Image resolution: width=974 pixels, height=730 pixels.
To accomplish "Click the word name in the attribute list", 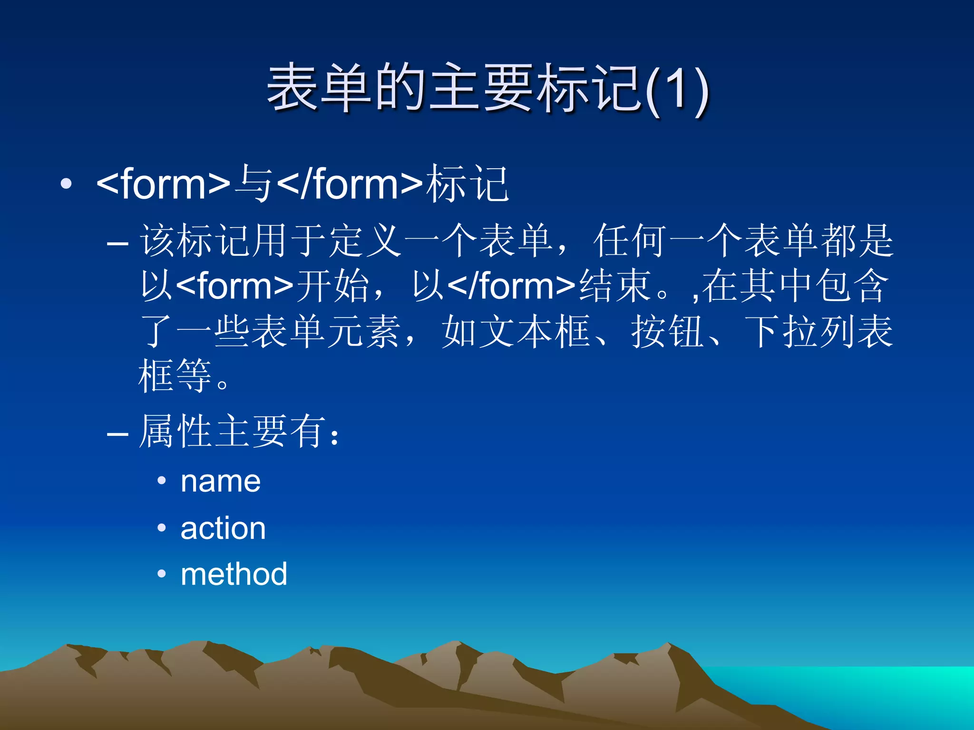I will point(221,481).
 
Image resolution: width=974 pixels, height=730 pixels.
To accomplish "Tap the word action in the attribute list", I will point(223,528).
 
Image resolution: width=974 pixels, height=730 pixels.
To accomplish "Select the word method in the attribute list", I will point(234,574).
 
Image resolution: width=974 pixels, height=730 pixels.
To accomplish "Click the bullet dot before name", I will point(162,481).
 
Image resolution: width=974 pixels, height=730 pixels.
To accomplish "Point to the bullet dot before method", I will point(162,574).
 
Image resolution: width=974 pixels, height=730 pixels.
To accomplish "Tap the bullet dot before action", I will point(162,528).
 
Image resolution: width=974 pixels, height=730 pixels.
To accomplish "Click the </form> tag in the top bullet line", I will point(350,184).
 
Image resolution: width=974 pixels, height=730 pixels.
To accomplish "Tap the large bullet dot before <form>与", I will point(66,184).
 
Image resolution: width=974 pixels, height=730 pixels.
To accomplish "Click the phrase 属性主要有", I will point(233,432).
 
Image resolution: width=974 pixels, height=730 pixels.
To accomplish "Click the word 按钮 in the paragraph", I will point(668,332).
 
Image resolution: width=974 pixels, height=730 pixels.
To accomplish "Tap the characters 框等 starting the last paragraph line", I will point(175,376).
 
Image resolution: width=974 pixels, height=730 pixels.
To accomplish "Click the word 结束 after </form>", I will point(614,286).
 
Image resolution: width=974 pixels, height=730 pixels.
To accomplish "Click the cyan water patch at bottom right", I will point(880,689).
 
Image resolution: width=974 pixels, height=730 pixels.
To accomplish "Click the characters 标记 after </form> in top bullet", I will point(467,184).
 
